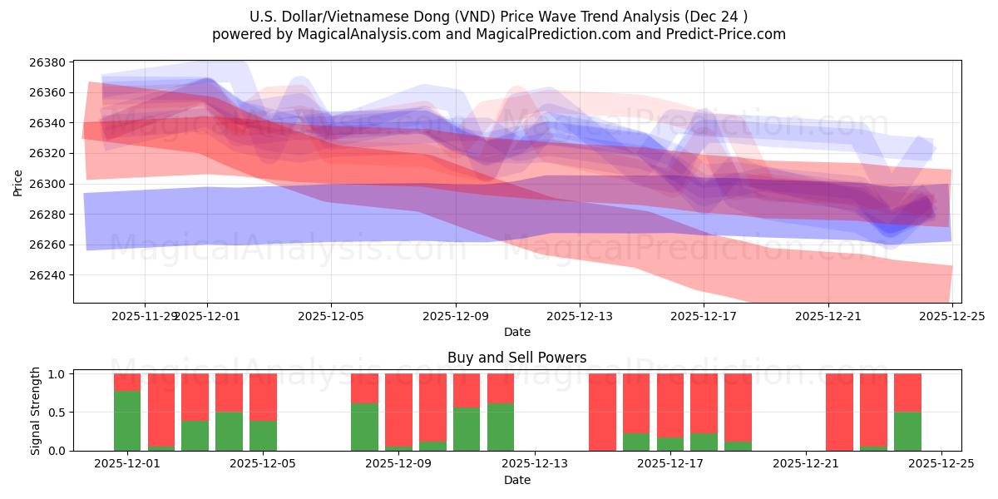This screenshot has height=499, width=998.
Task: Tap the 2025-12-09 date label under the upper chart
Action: (456, 316)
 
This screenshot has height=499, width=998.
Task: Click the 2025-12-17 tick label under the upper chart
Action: (704, 316)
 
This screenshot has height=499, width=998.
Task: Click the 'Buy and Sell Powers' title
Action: (516, 358)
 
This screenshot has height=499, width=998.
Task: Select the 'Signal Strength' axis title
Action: (35, 412)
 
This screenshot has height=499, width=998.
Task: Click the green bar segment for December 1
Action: (127, 421)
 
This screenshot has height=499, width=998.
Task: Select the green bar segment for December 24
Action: (907, 431)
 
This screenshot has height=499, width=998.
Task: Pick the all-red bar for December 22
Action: (839, 412)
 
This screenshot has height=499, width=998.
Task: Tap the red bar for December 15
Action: (602, 412)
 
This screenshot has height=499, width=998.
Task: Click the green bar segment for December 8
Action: (364, 427)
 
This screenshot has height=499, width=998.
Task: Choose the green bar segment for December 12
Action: (501, 427)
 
